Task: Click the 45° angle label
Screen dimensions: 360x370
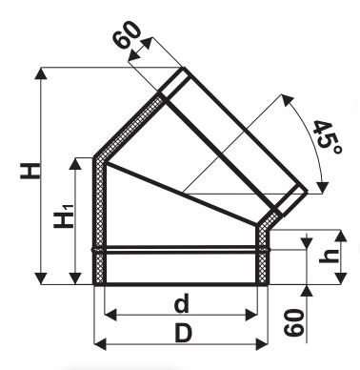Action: click(x=328, y=137)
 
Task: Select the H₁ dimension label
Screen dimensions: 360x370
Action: click(x=64, y=216)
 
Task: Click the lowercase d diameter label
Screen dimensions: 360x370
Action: click(x=182, y=303)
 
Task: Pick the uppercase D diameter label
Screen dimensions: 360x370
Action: click(x=184, y=334)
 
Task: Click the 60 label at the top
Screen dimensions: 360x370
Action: click(x=128, y=35)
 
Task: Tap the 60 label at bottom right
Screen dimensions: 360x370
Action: click(x=294, y=322)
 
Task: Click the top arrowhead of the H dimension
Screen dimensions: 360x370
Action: click(x=41, y=73)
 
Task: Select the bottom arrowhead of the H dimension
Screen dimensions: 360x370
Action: click(x=41, y=278)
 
